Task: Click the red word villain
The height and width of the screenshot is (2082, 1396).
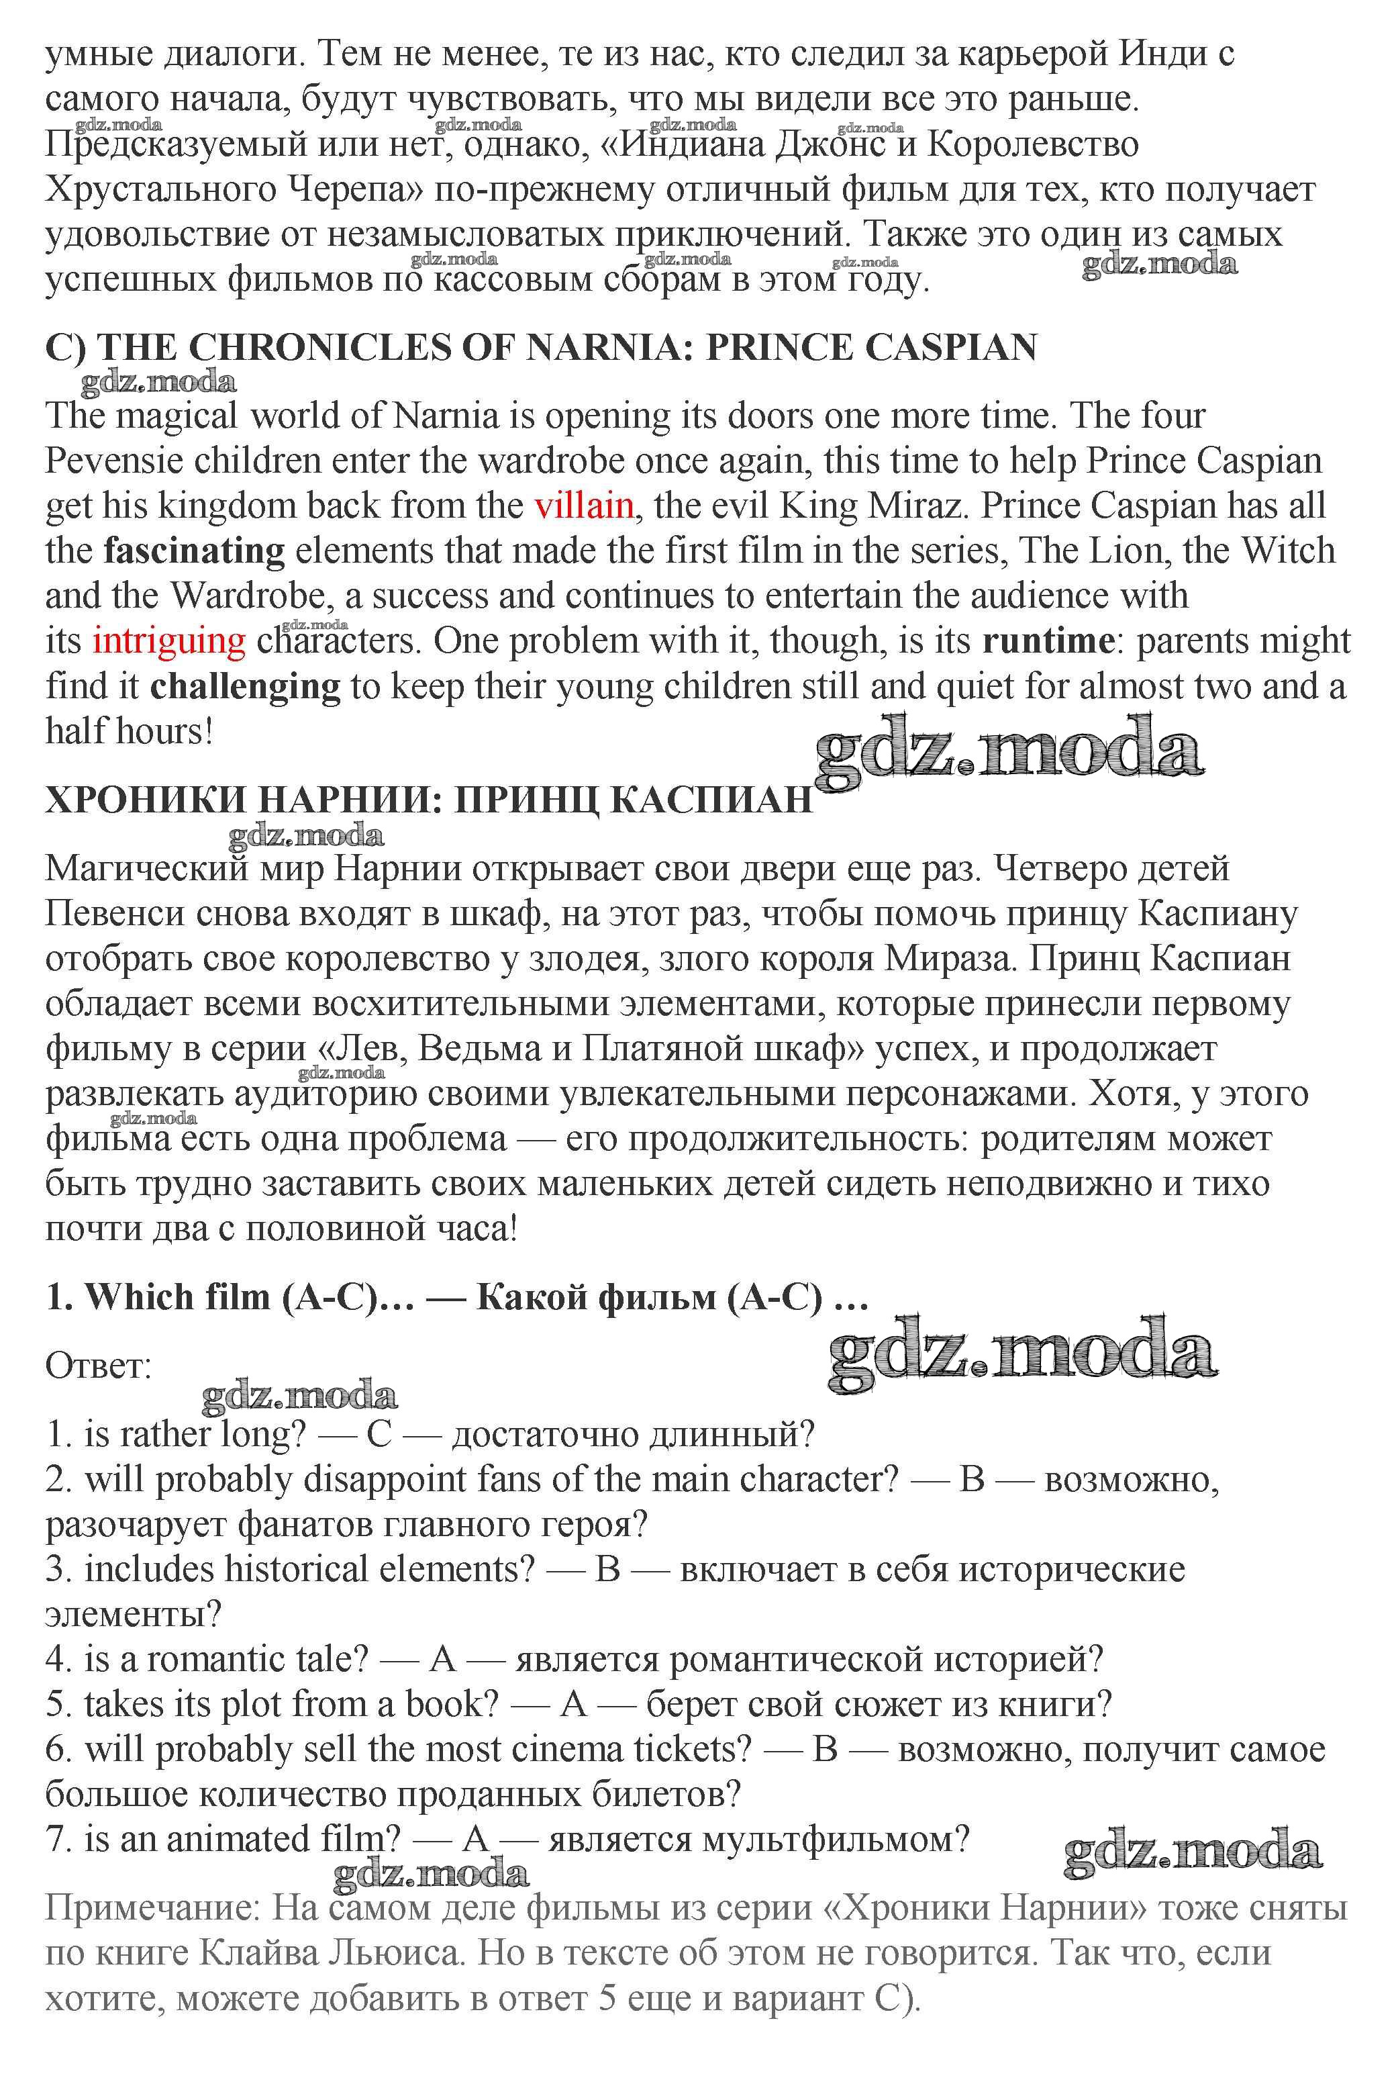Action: (583, 506)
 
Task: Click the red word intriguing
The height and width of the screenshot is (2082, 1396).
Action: (168, 641)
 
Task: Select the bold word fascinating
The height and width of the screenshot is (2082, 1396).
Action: (194, 551)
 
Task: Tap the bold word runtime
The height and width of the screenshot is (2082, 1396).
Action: (1048, 641)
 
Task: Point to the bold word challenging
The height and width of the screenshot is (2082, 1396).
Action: (245, 687)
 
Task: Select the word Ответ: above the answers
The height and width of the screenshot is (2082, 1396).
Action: (99, 1365)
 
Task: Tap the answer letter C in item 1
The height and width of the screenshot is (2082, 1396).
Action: (379, 1435)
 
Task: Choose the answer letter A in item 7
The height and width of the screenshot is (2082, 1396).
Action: (477, 1839)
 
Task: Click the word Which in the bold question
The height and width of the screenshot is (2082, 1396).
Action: (133, 1297)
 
